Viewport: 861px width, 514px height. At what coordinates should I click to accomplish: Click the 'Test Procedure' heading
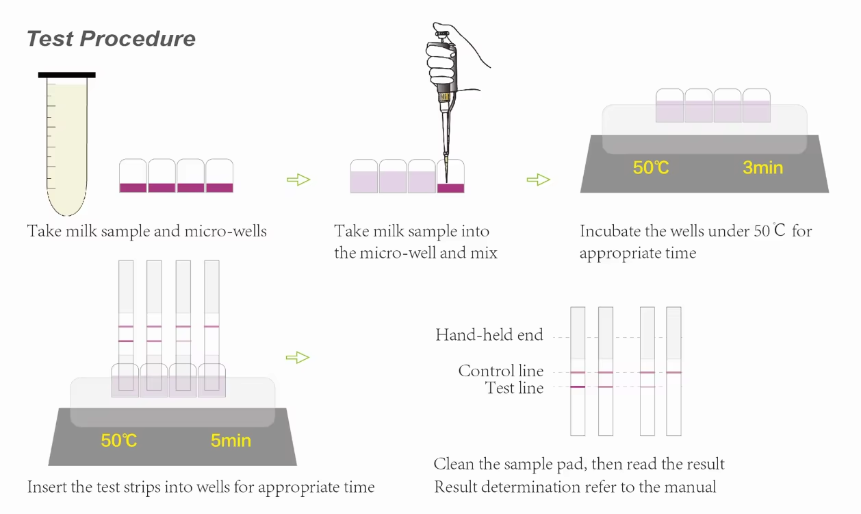pyautogui.click(x=111, y=38)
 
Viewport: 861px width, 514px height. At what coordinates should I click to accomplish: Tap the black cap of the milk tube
pyautogui.click(x=66, y=75)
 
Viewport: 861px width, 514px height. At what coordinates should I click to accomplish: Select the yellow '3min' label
pyautogui.click(x=762, y=167)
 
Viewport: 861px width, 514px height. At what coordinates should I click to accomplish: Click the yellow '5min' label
pyautogui.click(x=231, y=440)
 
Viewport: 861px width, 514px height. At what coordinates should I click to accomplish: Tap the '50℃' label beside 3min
pyautogui.click(x=651, y=167)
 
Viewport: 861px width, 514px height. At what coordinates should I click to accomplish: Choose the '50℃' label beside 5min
pyautogui.click(x=119, y=440)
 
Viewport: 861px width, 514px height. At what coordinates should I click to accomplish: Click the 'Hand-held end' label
pyautogui.click(x=489, y=335)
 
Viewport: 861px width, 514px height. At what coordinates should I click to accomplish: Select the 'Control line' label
pyautogui.click(x=501, y=371)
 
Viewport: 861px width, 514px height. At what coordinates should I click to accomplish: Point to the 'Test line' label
pyautogui.click(x=514, y=388)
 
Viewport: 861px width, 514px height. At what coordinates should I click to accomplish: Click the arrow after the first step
pyautogui.click(x=298, y=180)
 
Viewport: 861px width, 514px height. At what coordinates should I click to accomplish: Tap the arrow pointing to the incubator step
pyautogui.click(x=539, y=180)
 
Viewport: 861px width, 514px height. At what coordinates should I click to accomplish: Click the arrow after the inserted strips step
pyautogui.click(x=297, y=357)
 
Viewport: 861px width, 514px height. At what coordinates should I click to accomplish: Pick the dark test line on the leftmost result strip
pyautogui.click(x=578, y=387)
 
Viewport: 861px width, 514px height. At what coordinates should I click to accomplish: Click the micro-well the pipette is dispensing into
pyautogui.click(x=451, y=180)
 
